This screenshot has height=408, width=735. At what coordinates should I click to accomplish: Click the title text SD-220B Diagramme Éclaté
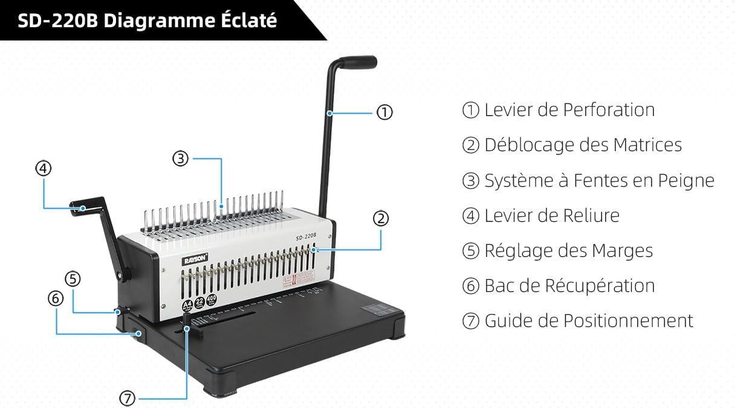[147, 21]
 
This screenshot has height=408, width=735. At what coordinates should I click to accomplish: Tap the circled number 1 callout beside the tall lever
[384, 112]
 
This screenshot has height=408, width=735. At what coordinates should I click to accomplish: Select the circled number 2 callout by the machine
[380, 219]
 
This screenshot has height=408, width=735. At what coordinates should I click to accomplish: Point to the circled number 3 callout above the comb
[180, 159]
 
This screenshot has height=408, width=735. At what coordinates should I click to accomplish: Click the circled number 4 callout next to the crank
[43, 169]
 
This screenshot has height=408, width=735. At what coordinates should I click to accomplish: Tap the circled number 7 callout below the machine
[128, 398]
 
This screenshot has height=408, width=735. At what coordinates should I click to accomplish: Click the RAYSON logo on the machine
[195, 258]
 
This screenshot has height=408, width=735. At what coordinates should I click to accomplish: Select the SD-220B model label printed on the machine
[307, 238]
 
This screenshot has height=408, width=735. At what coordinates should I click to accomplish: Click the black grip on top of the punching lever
[358, 62]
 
